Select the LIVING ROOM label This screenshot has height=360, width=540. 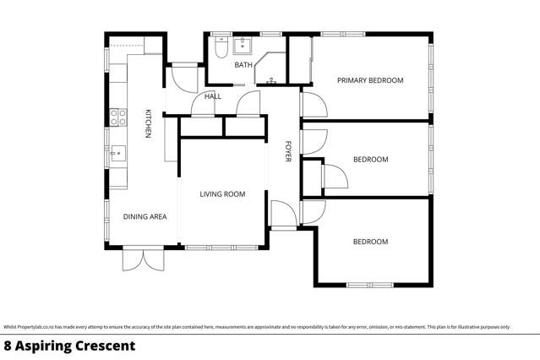point(222,194)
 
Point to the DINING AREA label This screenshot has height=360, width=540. point(145,217)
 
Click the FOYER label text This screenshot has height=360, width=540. point(287,151)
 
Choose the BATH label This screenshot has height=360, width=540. point(243,65)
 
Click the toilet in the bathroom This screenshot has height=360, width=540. point(219,49)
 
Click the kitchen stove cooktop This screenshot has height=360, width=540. point(117,117)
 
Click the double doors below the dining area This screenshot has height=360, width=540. point(140,259)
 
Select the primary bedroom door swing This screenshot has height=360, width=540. point(312,106)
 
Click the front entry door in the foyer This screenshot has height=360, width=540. point(281,215)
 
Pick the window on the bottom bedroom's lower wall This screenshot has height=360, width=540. point(369,285)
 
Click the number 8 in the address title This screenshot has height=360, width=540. point(8,346)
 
